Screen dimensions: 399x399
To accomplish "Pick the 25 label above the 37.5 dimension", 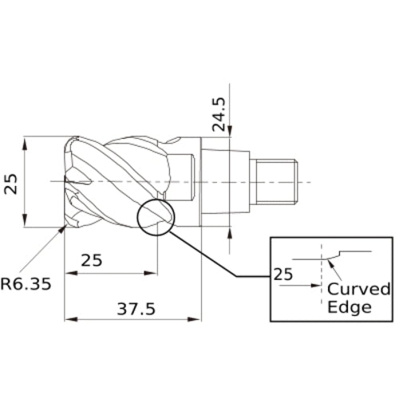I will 92,260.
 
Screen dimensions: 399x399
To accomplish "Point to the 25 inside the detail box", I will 284,274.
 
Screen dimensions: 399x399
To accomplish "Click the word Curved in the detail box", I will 359,288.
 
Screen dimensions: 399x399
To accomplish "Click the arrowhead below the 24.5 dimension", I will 230,231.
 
